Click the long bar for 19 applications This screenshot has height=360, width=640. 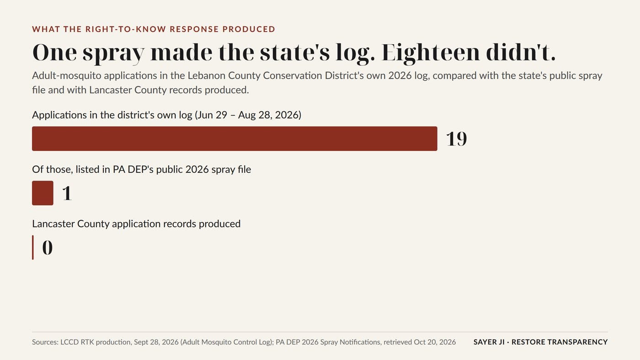(235, 139)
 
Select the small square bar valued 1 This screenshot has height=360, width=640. (43, 193)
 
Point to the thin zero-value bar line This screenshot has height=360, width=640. (33, 247)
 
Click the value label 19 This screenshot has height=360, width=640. (457, 139)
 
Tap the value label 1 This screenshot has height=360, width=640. (67, 193)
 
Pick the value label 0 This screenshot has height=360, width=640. (48, 247)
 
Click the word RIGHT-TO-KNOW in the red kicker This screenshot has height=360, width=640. (126, 29)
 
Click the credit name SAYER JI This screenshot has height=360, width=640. (489, 342)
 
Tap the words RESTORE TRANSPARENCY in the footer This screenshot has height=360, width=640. (560, 342)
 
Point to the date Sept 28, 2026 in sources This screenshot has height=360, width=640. (156, 342)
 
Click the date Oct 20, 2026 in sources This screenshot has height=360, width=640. (435, 342)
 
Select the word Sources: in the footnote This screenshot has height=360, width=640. (45, 342)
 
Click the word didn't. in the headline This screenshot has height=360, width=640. (521, 53)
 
